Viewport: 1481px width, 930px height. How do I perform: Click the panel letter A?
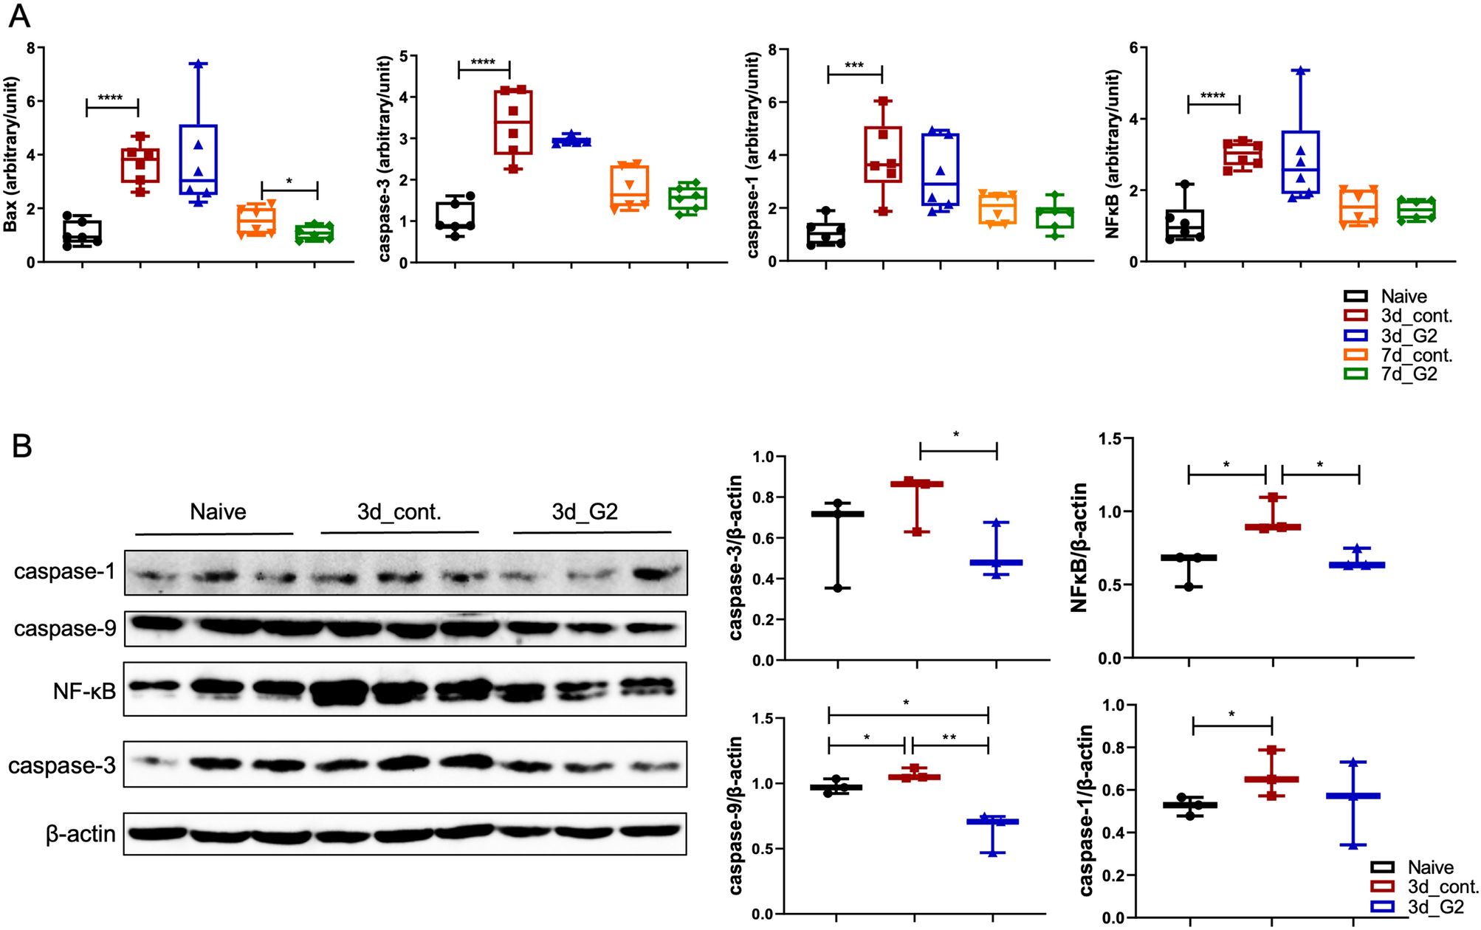[x=20, y=16]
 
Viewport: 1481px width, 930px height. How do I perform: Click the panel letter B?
[x=22, y=447]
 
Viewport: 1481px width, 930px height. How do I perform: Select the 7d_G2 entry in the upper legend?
[x=1409, y=374]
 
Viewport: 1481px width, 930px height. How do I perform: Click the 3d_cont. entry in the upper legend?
[x=1416, y=316]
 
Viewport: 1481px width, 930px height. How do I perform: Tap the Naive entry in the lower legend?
[x=1430, y=867]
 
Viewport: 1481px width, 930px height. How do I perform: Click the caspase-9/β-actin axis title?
[x=736, y=815]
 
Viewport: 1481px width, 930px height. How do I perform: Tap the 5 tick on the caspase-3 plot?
[x=403, y=56]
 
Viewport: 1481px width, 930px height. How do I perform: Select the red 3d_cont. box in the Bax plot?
[x=140, y=165]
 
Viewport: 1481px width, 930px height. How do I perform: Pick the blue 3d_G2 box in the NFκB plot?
[x=1301, y=162]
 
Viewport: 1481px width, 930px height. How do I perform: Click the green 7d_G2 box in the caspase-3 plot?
[x=687, y=199]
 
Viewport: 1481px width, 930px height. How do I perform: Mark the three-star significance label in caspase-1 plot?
[x=854, y=65]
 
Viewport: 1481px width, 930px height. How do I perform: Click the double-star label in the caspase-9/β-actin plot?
[x=949, y=737]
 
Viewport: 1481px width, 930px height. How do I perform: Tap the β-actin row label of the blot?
[x=81, y=835]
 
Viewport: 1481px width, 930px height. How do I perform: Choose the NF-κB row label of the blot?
[x=84, y=692]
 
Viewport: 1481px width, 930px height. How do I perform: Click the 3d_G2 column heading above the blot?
[x=585, y=512]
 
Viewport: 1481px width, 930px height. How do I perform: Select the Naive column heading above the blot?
[x=218, y=512]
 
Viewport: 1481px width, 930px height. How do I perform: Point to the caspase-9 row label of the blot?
[x=65, y=629]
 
